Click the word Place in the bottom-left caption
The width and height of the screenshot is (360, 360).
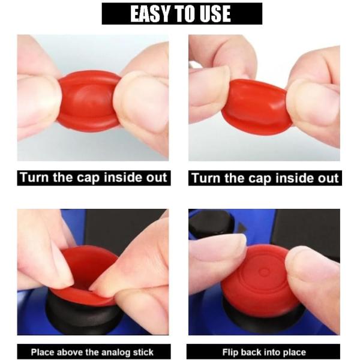pos(43,352)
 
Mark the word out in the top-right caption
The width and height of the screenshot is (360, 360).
pos(328,178)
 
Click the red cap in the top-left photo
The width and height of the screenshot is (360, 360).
pos(88,101)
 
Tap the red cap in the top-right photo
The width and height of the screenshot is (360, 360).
pos(255,107)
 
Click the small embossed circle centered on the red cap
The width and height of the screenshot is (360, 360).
pos(264,272)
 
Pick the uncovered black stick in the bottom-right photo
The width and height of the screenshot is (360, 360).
pos(211,223)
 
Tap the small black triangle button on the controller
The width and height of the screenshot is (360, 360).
pos(242,228)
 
